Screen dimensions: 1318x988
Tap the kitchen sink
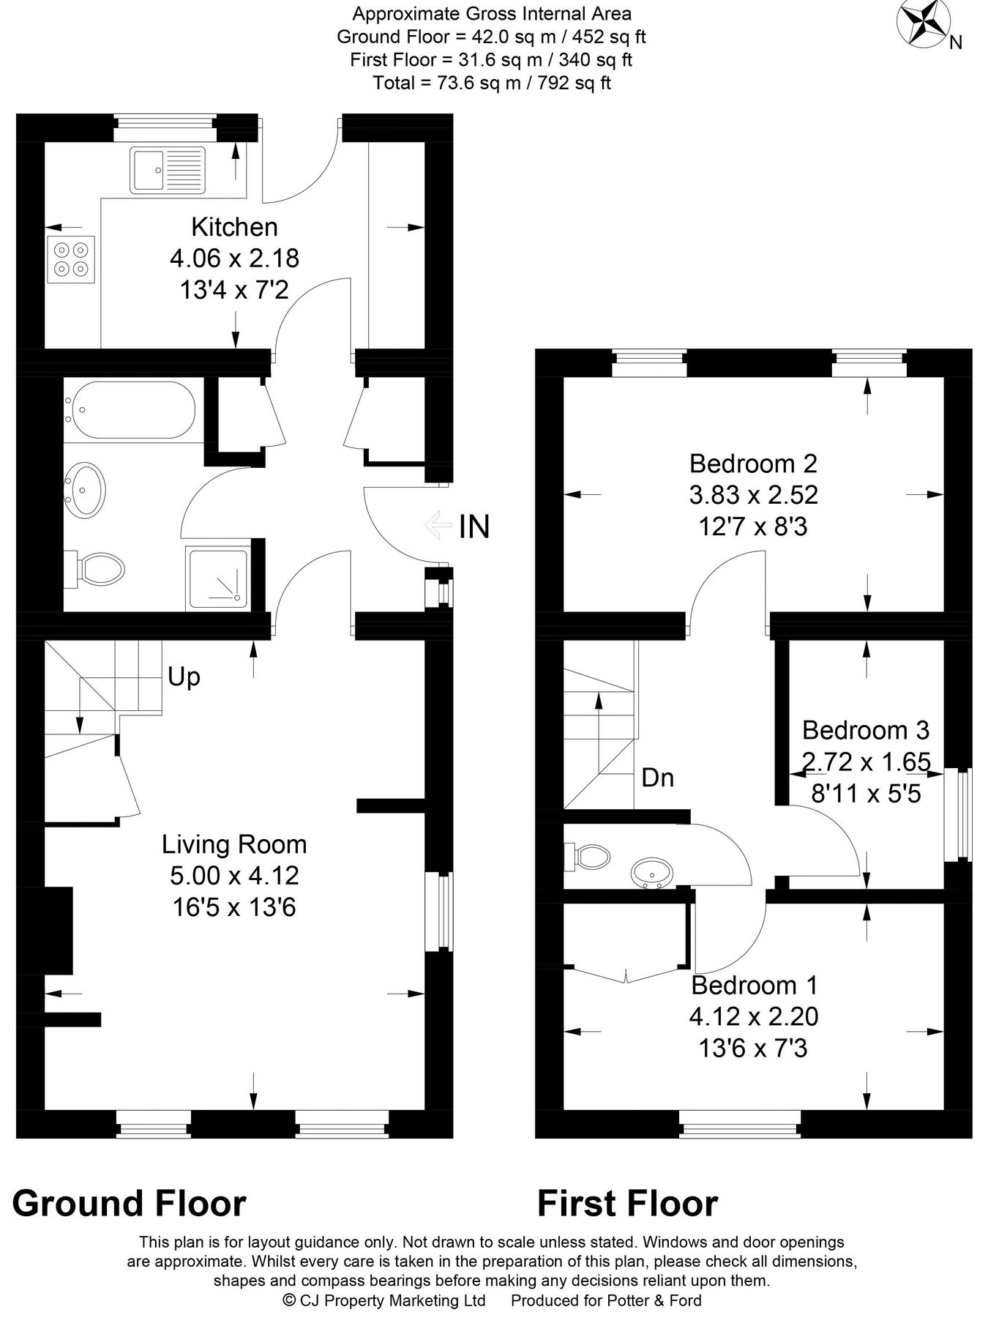(168, 170)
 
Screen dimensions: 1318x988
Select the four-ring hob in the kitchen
(71, 260)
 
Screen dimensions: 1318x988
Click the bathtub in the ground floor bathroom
(130, 410)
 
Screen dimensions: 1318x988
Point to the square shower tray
(217, 578)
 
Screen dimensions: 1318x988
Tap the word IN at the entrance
(474, 526)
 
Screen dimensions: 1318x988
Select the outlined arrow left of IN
(438, 525)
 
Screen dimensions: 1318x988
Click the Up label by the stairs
(184, 677)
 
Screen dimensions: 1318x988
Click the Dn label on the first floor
(657, 778)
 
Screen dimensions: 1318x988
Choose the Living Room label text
(234, 844)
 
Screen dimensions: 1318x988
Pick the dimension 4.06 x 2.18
(234, 258)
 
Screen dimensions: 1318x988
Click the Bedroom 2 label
(753, 463)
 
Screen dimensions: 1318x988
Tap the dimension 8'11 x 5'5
(866, 793)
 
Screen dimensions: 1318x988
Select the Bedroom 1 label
(754, 985)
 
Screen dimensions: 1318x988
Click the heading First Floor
(627, 1204)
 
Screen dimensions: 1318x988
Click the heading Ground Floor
(130, 1204)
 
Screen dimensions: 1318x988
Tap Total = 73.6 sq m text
(492, 83)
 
